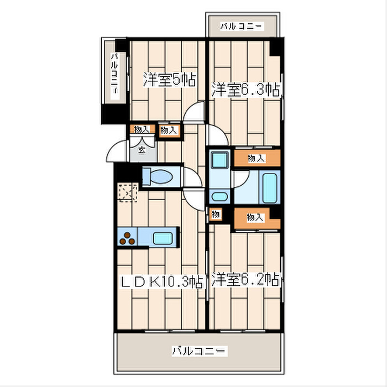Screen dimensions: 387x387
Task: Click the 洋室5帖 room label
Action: (169, 80)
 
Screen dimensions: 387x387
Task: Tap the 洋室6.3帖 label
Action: (244, 90)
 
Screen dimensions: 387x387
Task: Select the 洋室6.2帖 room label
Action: (244, 280)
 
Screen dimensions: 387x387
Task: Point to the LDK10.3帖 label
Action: (161, 282)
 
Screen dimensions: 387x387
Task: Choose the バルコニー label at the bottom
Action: (198, 351)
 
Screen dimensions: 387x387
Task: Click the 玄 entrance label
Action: (142, 150)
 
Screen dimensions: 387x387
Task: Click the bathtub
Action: (270, 188)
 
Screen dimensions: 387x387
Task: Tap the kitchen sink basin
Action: (163, 239)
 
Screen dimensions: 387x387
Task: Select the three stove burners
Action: (128, 239)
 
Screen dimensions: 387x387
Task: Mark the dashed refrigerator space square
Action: (127, 193)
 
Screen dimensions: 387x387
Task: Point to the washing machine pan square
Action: (219, 161)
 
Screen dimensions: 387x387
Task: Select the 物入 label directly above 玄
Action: (142, 129)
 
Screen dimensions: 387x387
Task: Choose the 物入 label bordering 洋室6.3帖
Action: (255, 159)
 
